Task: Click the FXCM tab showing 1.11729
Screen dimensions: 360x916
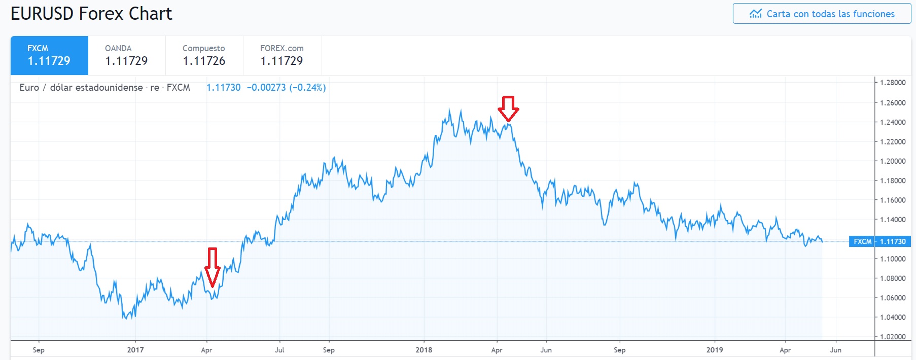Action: click(x=49, y=55)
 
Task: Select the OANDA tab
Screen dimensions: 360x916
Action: click(x=126, y=55)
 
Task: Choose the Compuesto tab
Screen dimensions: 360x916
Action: click(x=204, y=55)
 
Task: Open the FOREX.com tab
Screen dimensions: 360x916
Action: click(x=282, y=55)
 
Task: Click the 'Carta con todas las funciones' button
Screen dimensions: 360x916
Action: click(x=822, y=14)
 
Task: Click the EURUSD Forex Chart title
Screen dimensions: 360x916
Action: click(x=91, y=14)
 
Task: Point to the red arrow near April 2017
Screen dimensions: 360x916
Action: click(x=212, y=267)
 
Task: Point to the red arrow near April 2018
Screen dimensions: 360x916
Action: click(x=508, y=109)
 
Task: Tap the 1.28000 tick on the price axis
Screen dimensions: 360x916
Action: click(x=893, y=83)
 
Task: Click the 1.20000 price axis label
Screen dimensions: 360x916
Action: click(x=893, y=161)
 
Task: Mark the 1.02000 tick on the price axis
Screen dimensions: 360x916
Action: click(x=893, y=337)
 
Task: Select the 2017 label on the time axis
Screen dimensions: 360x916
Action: click(x=135, y=350)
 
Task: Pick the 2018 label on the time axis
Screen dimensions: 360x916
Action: click(x=424, y=350)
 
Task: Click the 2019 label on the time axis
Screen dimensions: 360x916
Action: click(x=715, y=350)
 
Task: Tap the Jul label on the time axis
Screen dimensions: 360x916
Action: click(x=279, y=350)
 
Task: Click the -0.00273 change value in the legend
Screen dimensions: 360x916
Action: click(x=266, y=88)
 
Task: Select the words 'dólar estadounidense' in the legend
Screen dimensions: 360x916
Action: click(x=96, y=88)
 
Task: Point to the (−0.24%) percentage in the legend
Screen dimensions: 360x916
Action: click(x=307, y=88)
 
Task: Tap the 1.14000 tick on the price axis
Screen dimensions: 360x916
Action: click(x=893, y=220)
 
